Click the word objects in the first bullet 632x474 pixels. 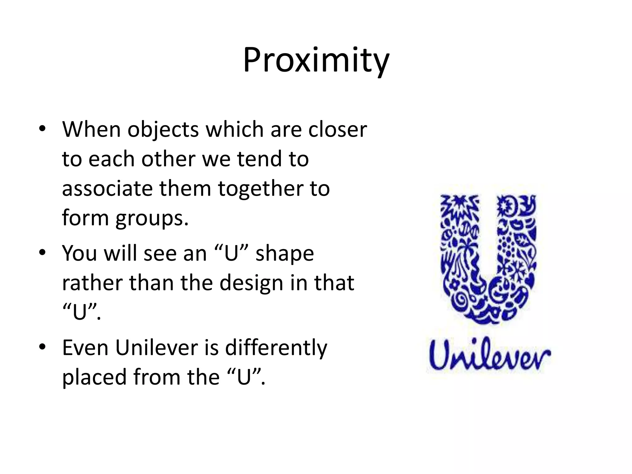coord(163,130)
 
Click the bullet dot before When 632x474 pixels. coord(42,129)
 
